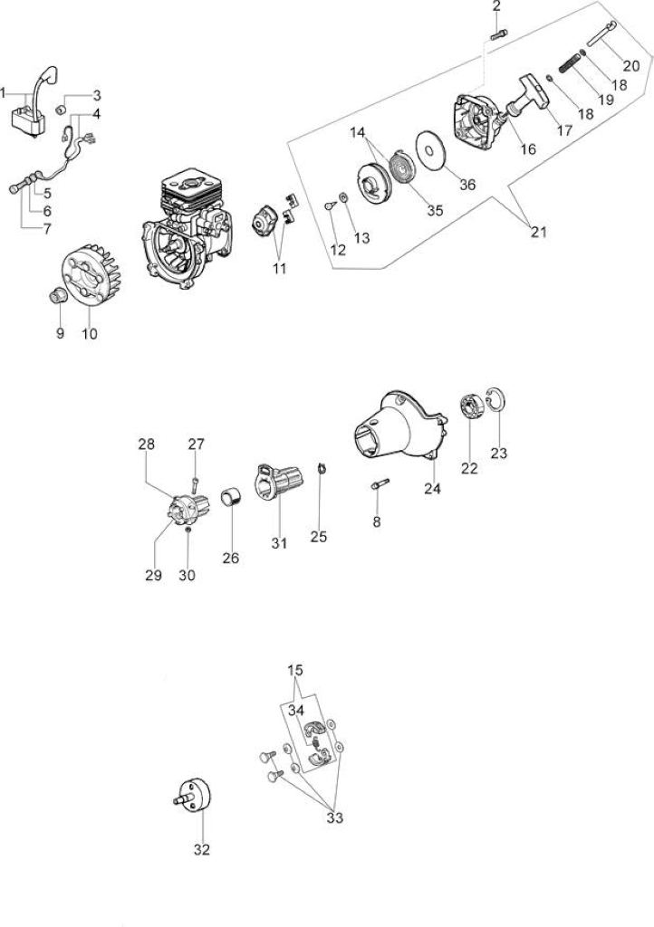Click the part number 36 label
point(467,185)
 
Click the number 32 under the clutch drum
point(202,849)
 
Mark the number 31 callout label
point(278,543)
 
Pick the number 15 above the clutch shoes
point(295,671)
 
